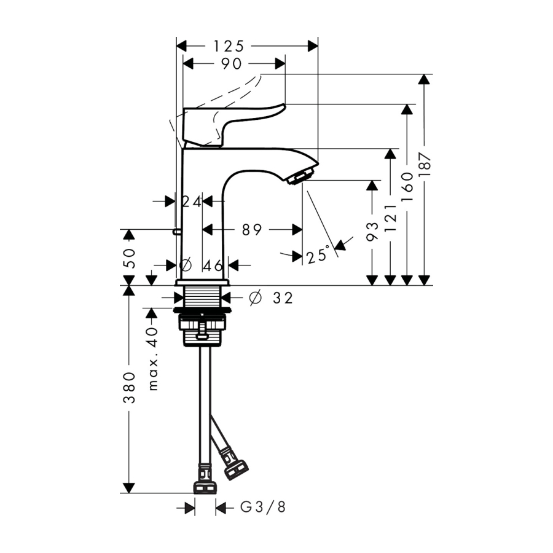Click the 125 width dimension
pos(229,46)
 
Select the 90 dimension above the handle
pos(232,64)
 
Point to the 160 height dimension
pos(408,187)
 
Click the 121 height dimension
pos(391,218)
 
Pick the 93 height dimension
pos(372,232)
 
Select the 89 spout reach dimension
pos(252,230)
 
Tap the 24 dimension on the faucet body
pos(192,202)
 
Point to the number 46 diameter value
pos(213,265)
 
